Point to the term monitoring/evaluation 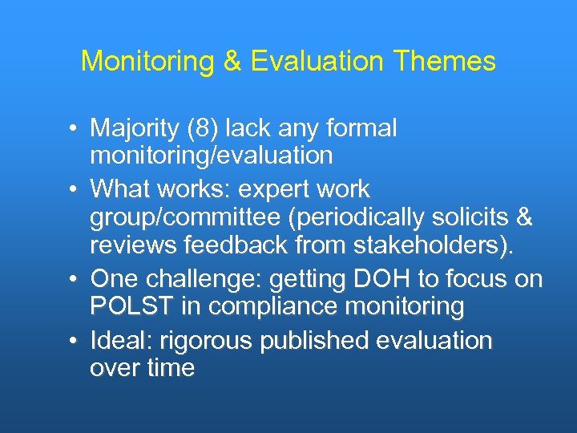[x=212, y=155]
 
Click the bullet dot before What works [x=72, y=189]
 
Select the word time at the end [x=168, y=367]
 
